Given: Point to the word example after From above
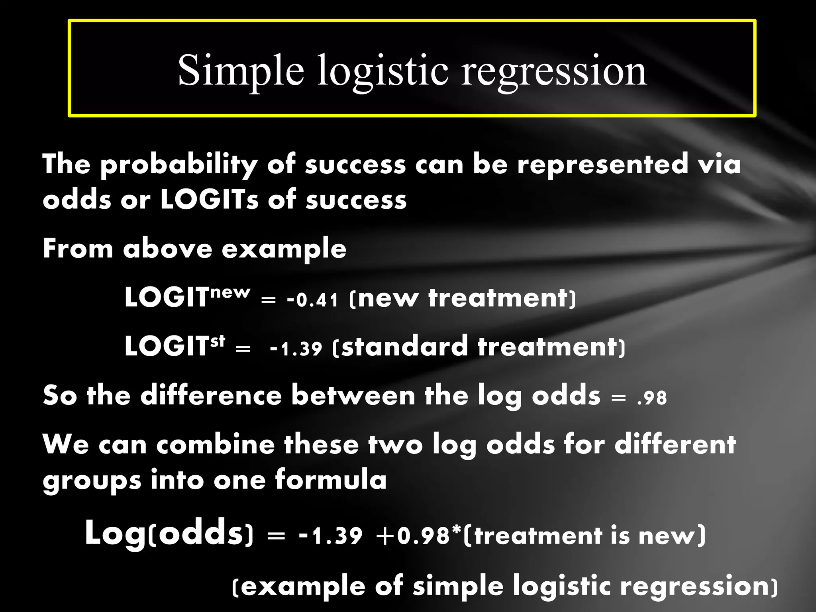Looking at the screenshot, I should point(284,249).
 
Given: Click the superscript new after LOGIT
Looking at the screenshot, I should point(230,292).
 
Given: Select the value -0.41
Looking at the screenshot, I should point(313,300).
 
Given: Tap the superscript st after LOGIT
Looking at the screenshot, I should point(218,341).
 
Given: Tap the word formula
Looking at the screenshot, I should point(331,480).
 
